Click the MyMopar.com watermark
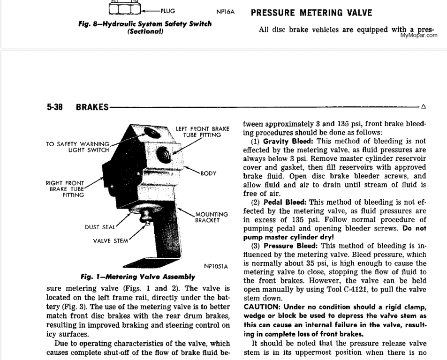419,35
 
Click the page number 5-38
56,107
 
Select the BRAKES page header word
92,107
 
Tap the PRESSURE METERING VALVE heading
311,13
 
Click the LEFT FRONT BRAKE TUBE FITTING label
203,132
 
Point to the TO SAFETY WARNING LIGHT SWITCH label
78,147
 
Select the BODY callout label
208,173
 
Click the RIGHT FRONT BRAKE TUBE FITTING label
65,189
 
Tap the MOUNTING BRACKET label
212,217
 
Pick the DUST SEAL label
99,227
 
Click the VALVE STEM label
110,241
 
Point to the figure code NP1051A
216,267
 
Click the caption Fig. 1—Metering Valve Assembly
138,277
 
